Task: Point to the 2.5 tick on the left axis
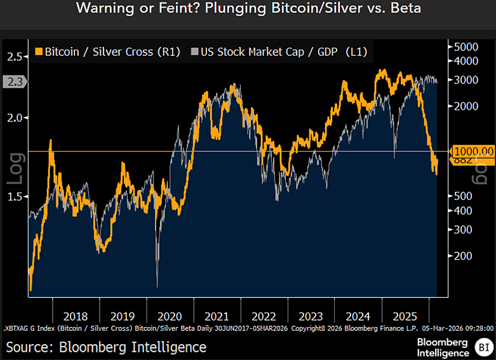pyautogui.click(x=15, y=57)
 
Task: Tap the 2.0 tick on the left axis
pyautogui.click(x=15, y=118)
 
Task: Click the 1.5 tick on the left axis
pyautogui.click(x=15, y=197)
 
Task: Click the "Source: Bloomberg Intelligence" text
pyautogui.click(x=106, y=347)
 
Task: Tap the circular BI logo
pyautogui.click(x=483, y=347)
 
